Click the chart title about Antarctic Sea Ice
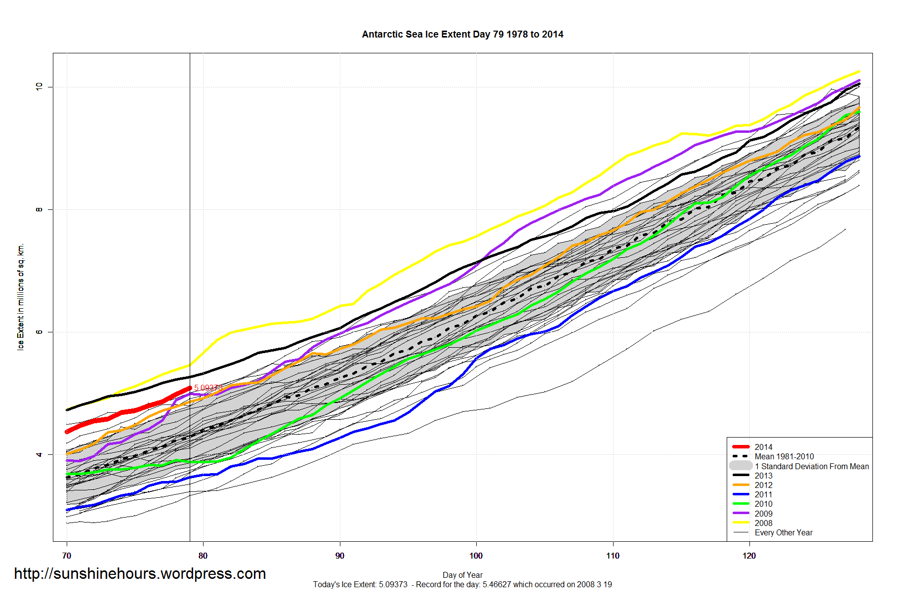[x=462, y=35]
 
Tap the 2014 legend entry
[x=763, y=447]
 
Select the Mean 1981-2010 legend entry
[x=784, y=456]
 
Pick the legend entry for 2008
[x=763, y=523]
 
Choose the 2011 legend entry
[x=763, y=494]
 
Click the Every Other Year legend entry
[x=783, y=532]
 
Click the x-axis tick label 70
[x=67, y=556]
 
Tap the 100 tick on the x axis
[x=476, y=556]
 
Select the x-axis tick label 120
[x=749, y=556]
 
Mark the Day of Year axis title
[x=462, y=575]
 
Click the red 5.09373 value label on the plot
[x=207, y=388]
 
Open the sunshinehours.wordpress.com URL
[x=140, y=573]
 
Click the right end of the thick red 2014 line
[x=190, y=388]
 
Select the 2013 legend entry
[x=763, y=476]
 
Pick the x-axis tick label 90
[x=339, y=556]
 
